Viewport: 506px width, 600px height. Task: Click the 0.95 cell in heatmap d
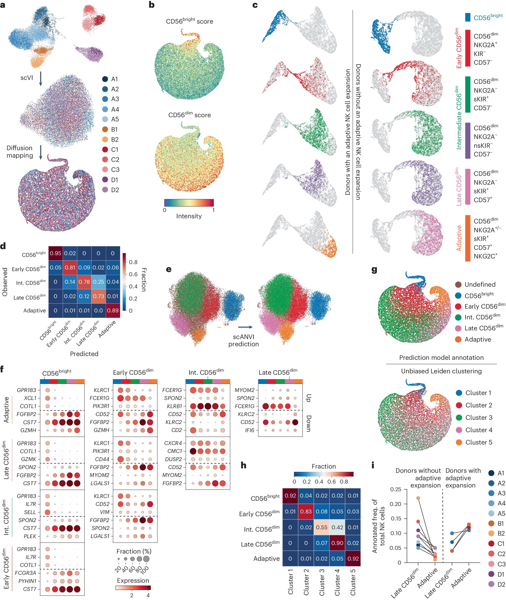pos(55,253)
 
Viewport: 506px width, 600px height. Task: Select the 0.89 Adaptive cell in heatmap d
pos(113,310)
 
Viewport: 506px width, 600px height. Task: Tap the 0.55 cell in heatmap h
pos(322,527)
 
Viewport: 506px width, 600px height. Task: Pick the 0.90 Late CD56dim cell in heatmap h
pos(337,543)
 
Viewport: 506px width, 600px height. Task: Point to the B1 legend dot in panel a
pos(105,129)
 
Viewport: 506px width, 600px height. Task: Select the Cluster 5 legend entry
pos(478,442)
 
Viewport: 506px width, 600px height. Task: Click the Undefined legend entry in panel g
pos(480,285)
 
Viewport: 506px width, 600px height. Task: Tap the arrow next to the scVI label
pos(41,79)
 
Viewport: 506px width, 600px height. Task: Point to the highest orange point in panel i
pos(418,498)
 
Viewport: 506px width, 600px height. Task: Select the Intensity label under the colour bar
pos(189,216)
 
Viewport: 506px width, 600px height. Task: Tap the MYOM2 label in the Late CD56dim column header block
pos(244,390)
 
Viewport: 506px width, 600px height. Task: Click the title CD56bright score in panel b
pos(189,21)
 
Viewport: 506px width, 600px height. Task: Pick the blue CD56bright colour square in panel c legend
pos(467,17)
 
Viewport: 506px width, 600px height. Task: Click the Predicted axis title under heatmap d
pos(84,354)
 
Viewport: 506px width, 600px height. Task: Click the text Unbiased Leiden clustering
pos(441,371)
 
